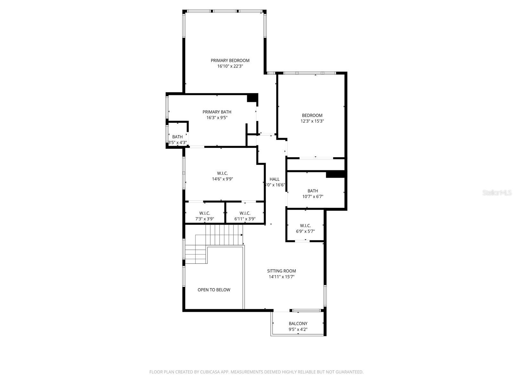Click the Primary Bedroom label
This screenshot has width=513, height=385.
pos(230,60)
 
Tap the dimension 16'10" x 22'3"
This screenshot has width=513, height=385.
pos(230,66)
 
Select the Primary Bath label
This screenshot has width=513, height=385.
pos(217,112)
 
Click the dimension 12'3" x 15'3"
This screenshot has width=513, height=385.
pos(312,121)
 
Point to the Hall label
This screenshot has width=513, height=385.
pos(274,179)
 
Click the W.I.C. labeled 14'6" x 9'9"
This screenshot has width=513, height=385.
pos(222,173)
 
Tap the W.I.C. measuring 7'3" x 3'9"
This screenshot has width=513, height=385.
pos(205,213)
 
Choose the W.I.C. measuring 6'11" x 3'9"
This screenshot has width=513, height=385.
pos(245,213)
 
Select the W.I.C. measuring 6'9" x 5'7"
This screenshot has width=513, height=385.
pos(305,226)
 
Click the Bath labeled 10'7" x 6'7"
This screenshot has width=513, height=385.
pos(313,191)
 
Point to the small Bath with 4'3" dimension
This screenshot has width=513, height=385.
pos(177,137)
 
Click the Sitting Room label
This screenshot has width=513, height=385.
pos(282,271)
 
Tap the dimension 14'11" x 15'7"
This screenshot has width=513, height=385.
pos(282,277)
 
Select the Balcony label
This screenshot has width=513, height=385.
pos(298,323)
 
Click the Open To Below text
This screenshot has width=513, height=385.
pos(214,290)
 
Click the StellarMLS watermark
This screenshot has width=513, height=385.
pos(497,193)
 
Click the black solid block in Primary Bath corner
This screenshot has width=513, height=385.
pos(252,98)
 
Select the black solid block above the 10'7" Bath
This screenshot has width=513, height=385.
pos(335,174)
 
